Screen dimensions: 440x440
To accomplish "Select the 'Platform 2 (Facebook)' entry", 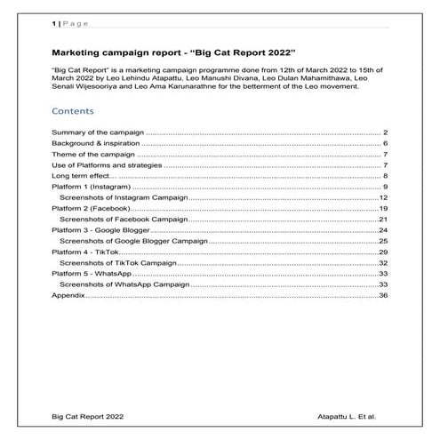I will pyautogui.click(x=90, y=208).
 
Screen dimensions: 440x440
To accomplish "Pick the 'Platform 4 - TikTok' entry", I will pyautogui.click(x=85, y=252).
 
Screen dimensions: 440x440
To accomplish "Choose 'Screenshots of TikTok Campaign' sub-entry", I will pyautogui.click(x=117, y=263).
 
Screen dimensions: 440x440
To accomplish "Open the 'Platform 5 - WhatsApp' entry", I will pyautogui.click(x=92, y=274).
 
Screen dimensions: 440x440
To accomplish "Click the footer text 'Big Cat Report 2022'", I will pyautogui.click(x=88, y=416).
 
